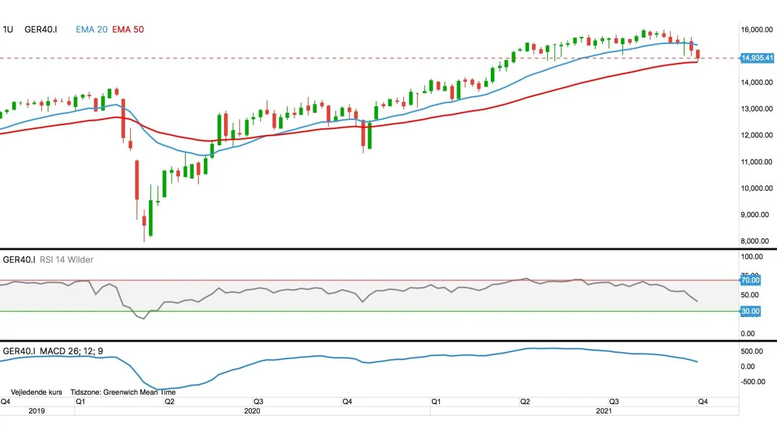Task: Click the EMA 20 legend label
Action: pyautogui.click(x=91, y=29)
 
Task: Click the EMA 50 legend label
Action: pyautogui.click(x=129, y=29)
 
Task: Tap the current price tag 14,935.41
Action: pyautogui.click(x=758, y=58)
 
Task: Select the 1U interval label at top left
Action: pyautogui.click(x=8, y=29)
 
